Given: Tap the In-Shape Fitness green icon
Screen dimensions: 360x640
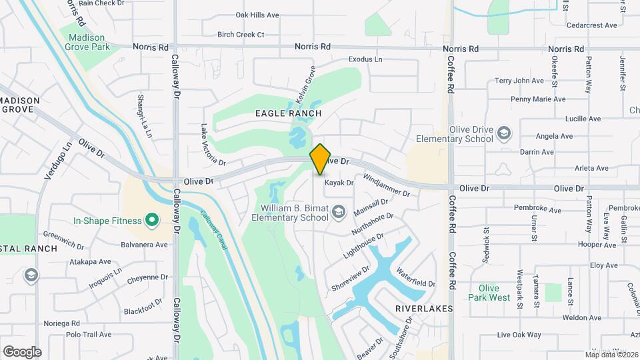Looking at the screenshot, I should tap(151, 220).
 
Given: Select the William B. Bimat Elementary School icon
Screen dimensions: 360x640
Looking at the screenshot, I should tap(339, 212).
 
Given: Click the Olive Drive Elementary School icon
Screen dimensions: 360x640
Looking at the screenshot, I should tap(503, 133).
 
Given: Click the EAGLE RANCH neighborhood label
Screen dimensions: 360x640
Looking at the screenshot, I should tap(288, 113).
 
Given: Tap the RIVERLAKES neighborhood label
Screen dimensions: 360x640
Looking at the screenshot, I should tap(424, 309).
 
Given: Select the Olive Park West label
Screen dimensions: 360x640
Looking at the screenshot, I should tap(489, 293).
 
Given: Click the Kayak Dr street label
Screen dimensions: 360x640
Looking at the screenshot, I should tap(339, 182).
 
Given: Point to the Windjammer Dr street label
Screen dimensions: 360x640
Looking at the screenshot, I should tap(386, 185).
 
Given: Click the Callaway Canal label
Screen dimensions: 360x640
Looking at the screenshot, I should tap(214, 231).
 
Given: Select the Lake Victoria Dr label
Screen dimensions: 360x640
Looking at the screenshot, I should tap(213, 144).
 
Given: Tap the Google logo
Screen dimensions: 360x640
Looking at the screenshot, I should tap(22, 351).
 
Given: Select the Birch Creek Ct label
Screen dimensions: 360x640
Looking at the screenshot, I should tap(241, 35).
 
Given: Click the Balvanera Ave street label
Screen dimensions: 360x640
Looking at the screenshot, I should tap(143, 245).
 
